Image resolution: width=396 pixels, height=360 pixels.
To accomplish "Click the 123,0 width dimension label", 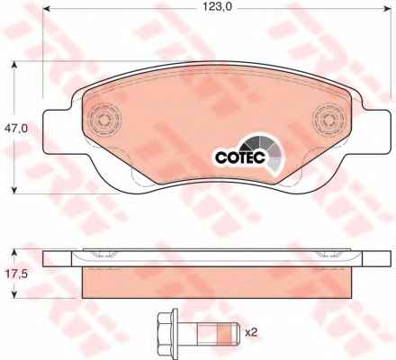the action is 218,8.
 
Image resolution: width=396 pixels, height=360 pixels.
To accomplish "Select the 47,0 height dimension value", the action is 16,129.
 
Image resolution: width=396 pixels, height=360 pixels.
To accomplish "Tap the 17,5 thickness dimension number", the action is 17,274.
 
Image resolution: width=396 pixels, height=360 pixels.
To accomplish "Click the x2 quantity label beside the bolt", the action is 251,332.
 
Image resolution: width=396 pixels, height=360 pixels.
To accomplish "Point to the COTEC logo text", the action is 240,157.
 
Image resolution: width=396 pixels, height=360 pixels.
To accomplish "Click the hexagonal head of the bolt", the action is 167,333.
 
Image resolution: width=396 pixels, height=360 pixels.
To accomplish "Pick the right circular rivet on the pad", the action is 328,120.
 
